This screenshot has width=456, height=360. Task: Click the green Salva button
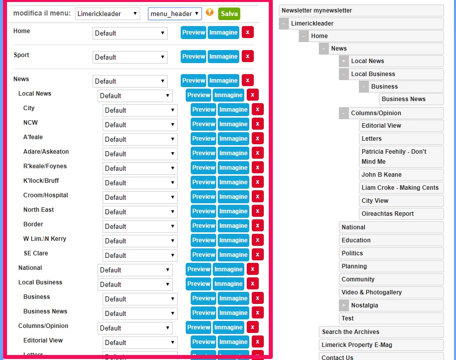point(229,14)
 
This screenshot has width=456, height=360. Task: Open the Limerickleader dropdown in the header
point(108,14)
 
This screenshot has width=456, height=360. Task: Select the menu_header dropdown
point(175,14)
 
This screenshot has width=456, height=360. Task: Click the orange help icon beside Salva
point(210,13)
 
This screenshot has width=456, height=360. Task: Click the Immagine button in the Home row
point(223,33)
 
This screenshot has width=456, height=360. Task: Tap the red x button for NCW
point(258,124)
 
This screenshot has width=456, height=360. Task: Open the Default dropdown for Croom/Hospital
point(140,197)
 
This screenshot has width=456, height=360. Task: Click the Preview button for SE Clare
point(204,255)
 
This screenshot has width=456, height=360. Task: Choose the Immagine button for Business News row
point(233,313)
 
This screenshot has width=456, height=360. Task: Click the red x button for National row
point(253,269)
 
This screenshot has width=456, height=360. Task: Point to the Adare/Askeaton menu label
point(46,152)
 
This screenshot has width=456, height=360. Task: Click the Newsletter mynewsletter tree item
point(361,11)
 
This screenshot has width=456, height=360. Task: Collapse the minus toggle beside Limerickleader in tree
point(284,24)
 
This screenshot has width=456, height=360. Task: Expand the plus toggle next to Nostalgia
point(344,305)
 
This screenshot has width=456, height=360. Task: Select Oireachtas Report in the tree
point(387,214)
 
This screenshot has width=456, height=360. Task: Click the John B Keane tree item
point(381,175)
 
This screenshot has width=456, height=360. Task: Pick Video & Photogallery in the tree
point(371,292)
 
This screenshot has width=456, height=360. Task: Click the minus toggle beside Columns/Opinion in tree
point(344,113)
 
